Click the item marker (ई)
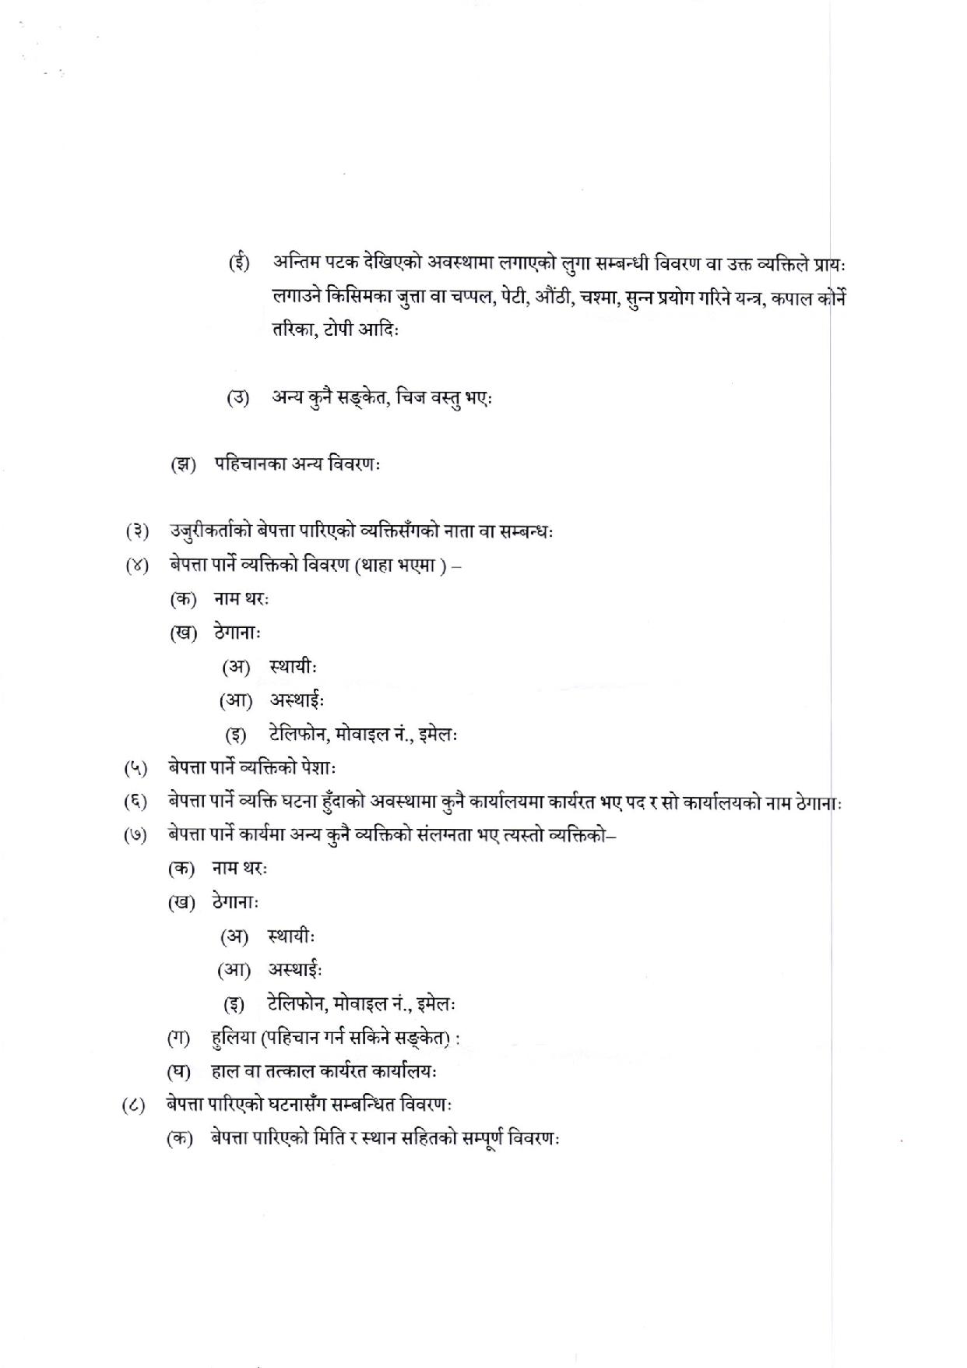[x=239, y=263]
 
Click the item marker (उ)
[x=238, y=398]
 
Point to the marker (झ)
[x=185, y=465]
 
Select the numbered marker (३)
[x=137, y=532]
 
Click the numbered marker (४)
[x=137, y=566]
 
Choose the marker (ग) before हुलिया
[x=179, y=1038]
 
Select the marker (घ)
[x=179, y=1072]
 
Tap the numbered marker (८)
[x=134, y=1105]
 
